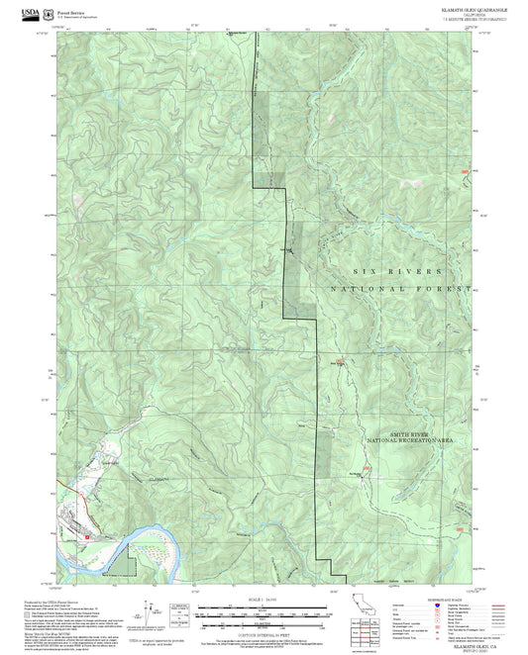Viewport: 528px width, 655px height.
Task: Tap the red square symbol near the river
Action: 88,535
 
